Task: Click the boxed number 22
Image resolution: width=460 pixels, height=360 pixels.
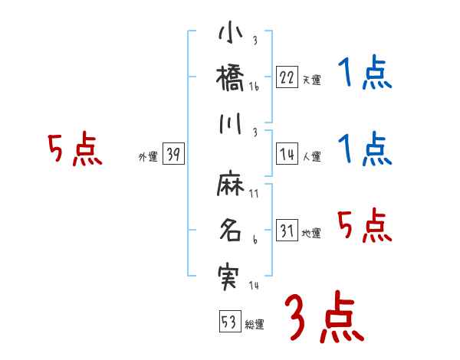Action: [x=287, y=77]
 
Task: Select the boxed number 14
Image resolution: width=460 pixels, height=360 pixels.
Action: [x=287, y=154]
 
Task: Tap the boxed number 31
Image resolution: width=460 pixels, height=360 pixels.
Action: [x=287, y=231]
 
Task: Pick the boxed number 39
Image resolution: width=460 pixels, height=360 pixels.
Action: [x=173, y=154]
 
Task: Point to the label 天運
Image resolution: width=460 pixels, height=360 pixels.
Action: [x=311, y=80]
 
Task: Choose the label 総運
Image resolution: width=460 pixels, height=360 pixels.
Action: [x=254, y=324]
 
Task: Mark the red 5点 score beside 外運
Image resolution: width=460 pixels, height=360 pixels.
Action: [x=74, y=151]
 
